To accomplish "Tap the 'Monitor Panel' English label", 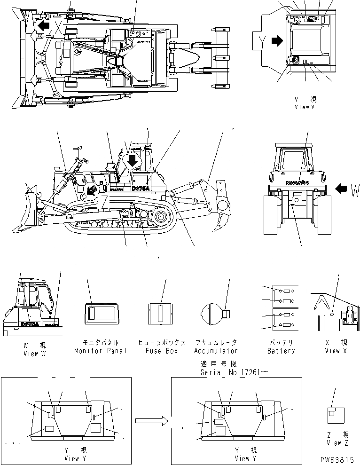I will pos(100,351).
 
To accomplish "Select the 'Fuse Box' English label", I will pos(160,351).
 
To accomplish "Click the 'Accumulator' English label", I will pos(216,351).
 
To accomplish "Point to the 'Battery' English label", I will pos(281,351).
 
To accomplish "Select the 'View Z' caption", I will pos(337,443).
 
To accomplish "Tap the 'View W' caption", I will pos(34,354).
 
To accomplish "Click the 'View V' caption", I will pos(304,107).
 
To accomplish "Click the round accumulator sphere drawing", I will pos(210,312).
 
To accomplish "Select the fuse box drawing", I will pos(161,313).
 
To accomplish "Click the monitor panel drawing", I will pos(100,313).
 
